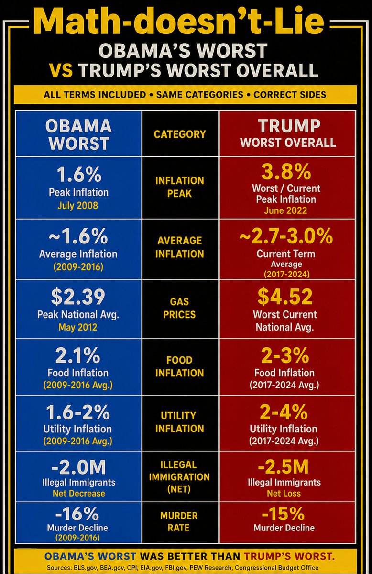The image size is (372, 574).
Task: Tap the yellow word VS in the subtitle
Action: tap(61, 70)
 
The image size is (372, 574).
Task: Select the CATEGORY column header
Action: tap(180, 134)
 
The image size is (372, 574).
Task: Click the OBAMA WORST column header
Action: tap(78, 134)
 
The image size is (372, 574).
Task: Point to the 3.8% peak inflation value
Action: tap(286, 172)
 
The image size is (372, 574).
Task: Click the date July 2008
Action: tap(78, 206)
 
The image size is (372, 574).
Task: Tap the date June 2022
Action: tap(285, 210)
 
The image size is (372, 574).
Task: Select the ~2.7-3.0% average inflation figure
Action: tap(286, 236)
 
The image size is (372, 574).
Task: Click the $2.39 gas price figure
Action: tap(78, 297)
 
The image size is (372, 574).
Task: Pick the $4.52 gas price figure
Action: tap(285, 297)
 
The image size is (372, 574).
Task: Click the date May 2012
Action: tap(78, 327)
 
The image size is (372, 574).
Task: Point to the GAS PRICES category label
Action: tap(179, 308)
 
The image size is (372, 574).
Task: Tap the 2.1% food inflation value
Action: tap(77, 355)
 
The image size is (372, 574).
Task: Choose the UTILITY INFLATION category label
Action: tap(179, 422)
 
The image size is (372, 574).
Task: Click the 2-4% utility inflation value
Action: tap(284, 412)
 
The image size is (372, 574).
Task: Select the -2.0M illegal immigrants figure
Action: tap(78, 467)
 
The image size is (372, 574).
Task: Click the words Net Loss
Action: tap(284, 493)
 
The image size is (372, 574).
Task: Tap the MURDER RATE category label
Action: tap(179, 521)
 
